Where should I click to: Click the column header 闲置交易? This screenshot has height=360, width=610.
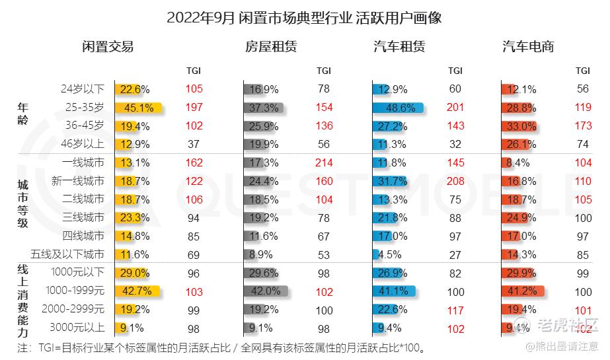point(108,46)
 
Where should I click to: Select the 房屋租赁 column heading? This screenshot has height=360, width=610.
point(271,46)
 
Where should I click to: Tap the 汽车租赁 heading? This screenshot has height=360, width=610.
point(399,46)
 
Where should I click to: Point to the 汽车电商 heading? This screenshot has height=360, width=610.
point(528,46)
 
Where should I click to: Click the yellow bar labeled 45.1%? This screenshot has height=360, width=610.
point(137,108)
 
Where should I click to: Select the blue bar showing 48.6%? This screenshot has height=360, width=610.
point(397,108)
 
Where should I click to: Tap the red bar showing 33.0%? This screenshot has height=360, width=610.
point(518,126)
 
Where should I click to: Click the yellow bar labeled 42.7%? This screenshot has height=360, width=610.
point(137,290)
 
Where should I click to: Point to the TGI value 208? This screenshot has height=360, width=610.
point(455,180)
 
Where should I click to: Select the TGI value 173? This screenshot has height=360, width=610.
point(582,126)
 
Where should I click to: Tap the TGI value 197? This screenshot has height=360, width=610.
point(194,108)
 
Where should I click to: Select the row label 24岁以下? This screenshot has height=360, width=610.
point(83,89)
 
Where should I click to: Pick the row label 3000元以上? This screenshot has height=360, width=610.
point(77,326)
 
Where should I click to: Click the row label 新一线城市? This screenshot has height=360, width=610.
point(78,180)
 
